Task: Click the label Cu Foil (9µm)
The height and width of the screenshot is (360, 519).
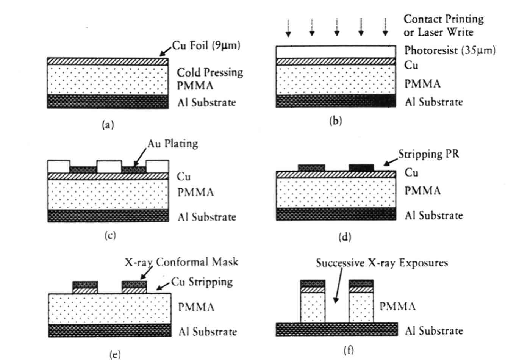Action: pos(206,45)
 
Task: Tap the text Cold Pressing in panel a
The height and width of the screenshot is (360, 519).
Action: pos(210,72)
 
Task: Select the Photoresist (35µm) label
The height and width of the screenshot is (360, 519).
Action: pos(450,50)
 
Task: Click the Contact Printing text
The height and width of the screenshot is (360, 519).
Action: pos(444,19)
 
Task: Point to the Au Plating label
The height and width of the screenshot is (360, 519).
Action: pos(173,144)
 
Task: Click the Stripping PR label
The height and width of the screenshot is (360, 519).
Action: pos(428,154)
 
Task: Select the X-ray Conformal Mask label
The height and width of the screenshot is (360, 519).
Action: pos(182,262)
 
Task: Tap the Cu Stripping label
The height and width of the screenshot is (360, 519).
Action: pos(202,282)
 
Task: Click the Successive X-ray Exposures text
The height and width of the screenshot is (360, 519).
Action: pos(382,263)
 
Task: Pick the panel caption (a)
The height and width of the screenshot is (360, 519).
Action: pos(108,125)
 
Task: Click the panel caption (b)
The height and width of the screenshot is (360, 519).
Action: pos(336,121)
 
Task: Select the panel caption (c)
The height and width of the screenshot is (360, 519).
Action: pos(110,235)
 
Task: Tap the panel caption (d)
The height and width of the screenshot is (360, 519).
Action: pos(345,237)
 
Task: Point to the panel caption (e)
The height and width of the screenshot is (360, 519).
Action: pos(115,354)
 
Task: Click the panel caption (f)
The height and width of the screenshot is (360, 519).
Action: pos(349,350)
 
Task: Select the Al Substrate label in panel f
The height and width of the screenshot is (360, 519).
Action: pos(434,331)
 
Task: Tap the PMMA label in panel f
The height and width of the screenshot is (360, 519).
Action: pos(397,306)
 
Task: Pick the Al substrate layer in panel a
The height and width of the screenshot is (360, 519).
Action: pos(108,102)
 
